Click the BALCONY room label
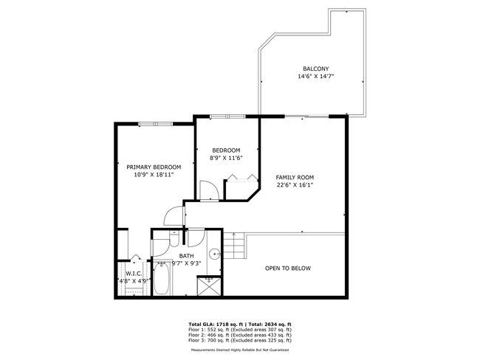click(x=315, y=69)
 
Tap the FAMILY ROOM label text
click(x=295, y=177)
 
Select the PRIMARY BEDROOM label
click(x=154, y=167)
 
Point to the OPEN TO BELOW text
click(x=288, y=269)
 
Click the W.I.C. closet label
click(x=134, y=274)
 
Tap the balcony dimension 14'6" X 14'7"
click(x=315, y=77)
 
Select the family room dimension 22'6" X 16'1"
click(x=295, y=184)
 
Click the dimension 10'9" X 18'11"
click(x=154, y=175)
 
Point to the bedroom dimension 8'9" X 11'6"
click(x=226, y=158)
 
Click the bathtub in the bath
click(x=161, y=279)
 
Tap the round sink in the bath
click(x=214, y=254)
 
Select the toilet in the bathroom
click(x=174, y=238)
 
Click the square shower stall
click(x=209, y=285)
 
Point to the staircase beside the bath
click(x=234, y=246)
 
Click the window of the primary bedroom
click(x=156, y=124)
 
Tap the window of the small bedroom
click(x=227, y=117)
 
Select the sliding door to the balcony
click(x=306, y=117)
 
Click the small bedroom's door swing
click(x=209, y=191)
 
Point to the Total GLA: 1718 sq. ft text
click(x=216, y=324)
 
